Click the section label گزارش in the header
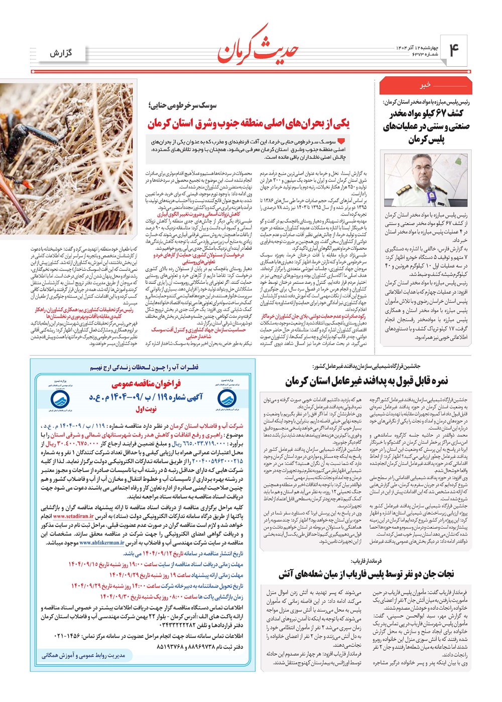[61, 53]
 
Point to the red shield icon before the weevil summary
[341, 142]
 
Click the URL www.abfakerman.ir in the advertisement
[101, 543]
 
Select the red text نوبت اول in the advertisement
[146, 409]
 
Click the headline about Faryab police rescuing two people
[366, 573]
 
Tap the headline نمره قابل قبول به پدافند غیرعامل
[367, 381]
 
